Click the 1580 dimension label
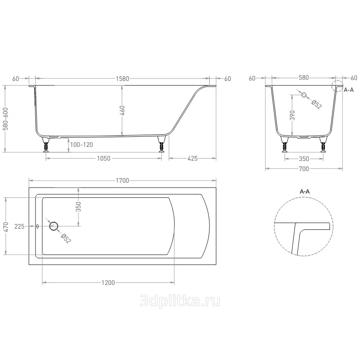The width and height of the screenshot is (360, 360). point(122,79)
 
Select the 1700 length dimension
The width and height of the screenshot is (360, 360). point(122,181)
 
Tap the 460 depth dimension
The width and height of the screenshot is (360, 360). point(122,111)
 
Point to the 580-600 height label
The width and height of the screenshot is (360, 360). point(5,119)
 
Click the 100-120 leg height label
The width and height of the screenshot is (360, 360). point(81,145)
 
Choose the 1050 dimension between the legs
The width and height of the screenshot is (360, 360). point(104,159)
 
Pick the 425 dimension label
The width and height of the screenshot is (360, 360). point(192,159)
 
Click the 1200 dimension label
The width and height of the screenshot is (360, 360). point(108,283)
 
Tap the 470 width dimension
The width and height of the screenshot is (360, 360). point(6,227)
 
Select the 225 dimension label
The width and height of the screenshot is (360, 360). point(19,227)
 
